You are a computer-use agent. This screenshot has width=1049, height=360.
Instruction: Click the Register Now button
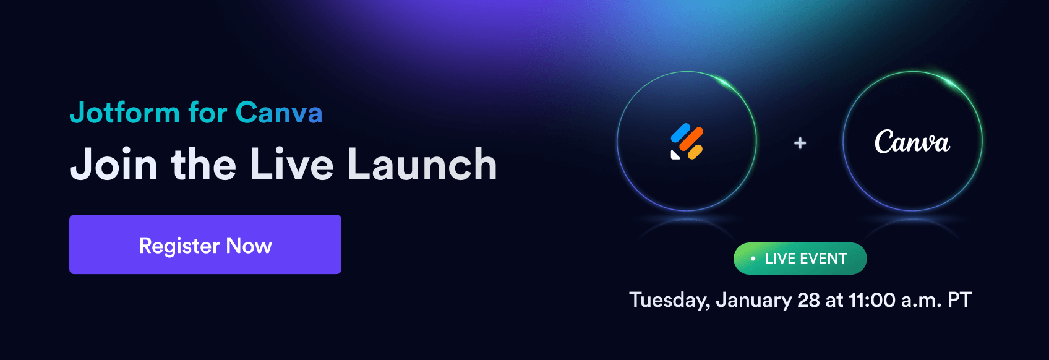coord(205,244)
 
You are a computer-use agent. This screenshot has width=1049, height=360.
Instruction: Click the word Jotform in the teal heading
coord(124,113)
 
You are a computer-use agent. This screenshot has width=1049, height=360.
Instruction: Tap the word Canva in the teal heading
coord(279,113)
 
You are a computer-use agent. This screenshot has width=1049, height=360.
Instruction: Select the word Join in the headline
coord(114,164)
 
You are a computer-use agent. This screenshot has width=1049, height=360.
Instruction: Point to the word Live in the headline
coord(291,164)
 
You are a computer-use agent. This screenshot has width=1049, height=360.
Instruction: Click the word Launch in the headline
coord(422,164)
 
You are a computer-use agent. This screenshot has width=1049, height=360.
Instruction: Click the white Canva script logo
coord(912,142)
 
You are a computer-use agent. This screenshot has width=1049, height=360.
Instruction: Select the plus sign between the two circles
coord(800,143)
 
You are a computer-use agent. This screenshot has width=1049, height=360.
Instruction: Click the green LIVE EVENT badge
coord(800,259)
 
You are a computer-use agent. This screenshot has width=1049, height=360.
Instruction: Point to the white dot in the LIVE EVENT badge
coord(753,259)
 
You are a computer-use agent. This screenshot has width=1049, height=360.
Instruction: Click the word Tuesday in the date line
coord(670,300)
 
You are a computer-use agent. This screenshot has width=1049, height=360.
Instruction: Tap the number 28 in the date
coord(808,299)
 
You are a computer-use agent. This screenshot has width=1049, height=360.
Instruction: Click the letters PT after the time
coord(959,299)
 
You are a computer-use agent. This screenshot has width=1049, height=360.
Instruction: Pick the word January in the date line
coord(753,300)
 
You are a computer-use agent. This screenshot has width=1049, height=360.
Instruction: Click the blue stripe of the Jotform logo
coord(681,132)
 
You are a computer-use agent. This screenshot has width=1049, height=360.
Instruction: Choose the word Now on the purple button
coord(249,246)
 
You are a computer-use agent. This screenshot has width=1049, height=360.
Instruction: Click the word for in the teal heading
coord(208,113)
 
